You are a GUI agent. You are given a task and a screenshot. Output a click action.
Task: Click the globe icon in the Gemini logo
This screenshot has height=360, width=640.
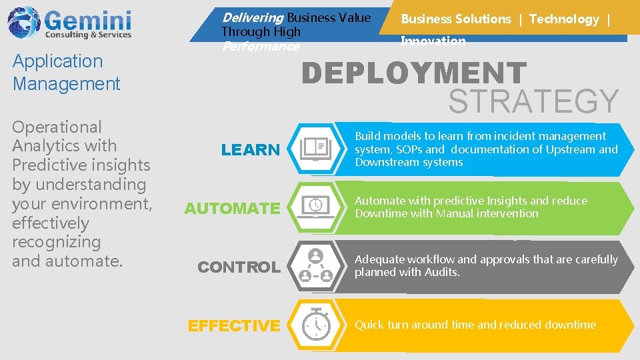click(x=23, y=23)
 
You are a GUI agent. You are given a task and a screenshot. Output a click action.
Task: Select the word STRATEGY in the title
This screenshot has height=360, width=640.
click(x=533, y=101)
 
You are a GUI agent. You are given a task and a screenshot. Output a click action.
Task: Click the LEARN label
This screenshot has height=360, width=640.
click(x=251, y=150)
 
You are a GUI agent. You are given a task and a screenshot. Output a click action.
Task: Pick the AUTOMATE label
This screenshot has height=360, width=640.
click(x=232, y=209)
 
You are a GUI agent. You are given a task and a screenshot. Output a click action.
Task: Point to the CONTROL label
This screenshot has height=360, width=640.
click(x=239, y=267)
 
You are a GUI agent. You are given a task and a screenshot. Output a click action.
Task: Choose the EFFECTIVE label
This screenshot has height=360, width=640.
click(x=234, y=326)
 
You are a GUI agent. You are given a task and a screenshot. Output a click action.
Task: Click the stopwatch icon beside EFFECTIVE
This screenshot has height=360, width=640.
click(x=315, y=325)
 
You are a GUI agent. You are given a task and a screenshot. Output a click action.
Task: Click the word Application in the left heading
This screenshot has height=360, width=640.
click(x=58, y=61)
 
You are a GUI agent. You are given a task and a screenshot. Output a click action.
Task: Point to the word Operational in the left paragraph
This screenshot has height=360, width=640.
click(x=57, y=127)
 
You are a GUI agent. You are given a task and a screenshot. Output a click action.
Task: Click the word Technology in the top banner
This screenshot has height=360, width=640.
click(x=564, y=19)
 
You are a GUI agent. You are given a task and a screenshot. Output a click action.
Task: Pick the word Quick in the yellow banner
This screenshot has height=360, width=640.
click(x=369, y=325)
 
